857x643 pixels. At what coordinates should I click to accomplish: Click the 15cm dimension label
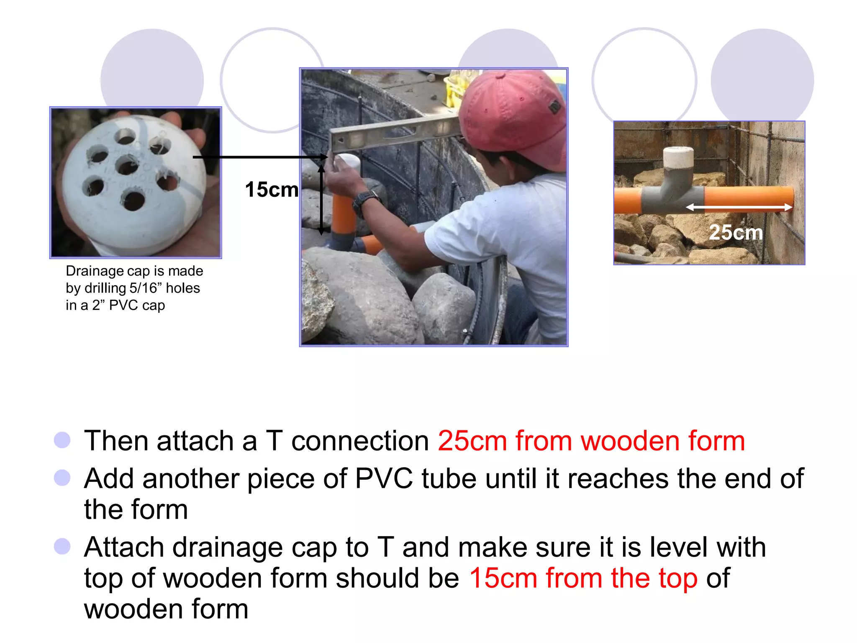point(271,190)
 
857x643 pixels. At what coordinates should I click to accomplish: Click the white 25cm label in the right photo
point(736,232)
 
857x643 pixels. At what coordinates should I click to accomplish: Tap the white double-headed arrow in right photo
point(739,207)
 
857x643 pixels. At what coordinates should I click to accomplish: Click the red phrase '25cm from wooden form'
point(591,441)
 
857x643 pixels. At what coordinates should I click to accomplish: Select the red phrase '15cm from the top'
point(583,578)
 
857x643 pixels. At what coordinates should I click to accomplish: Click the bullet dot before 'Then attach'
point(62,440)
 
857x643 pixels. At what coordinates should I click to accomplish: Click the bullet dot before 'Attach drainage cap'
point(62,546)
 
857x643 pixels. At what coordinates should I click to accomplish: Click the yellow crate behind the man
point(454,90)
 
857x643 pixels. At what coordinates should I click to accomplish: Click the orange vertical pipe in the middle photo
point(343,213)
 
